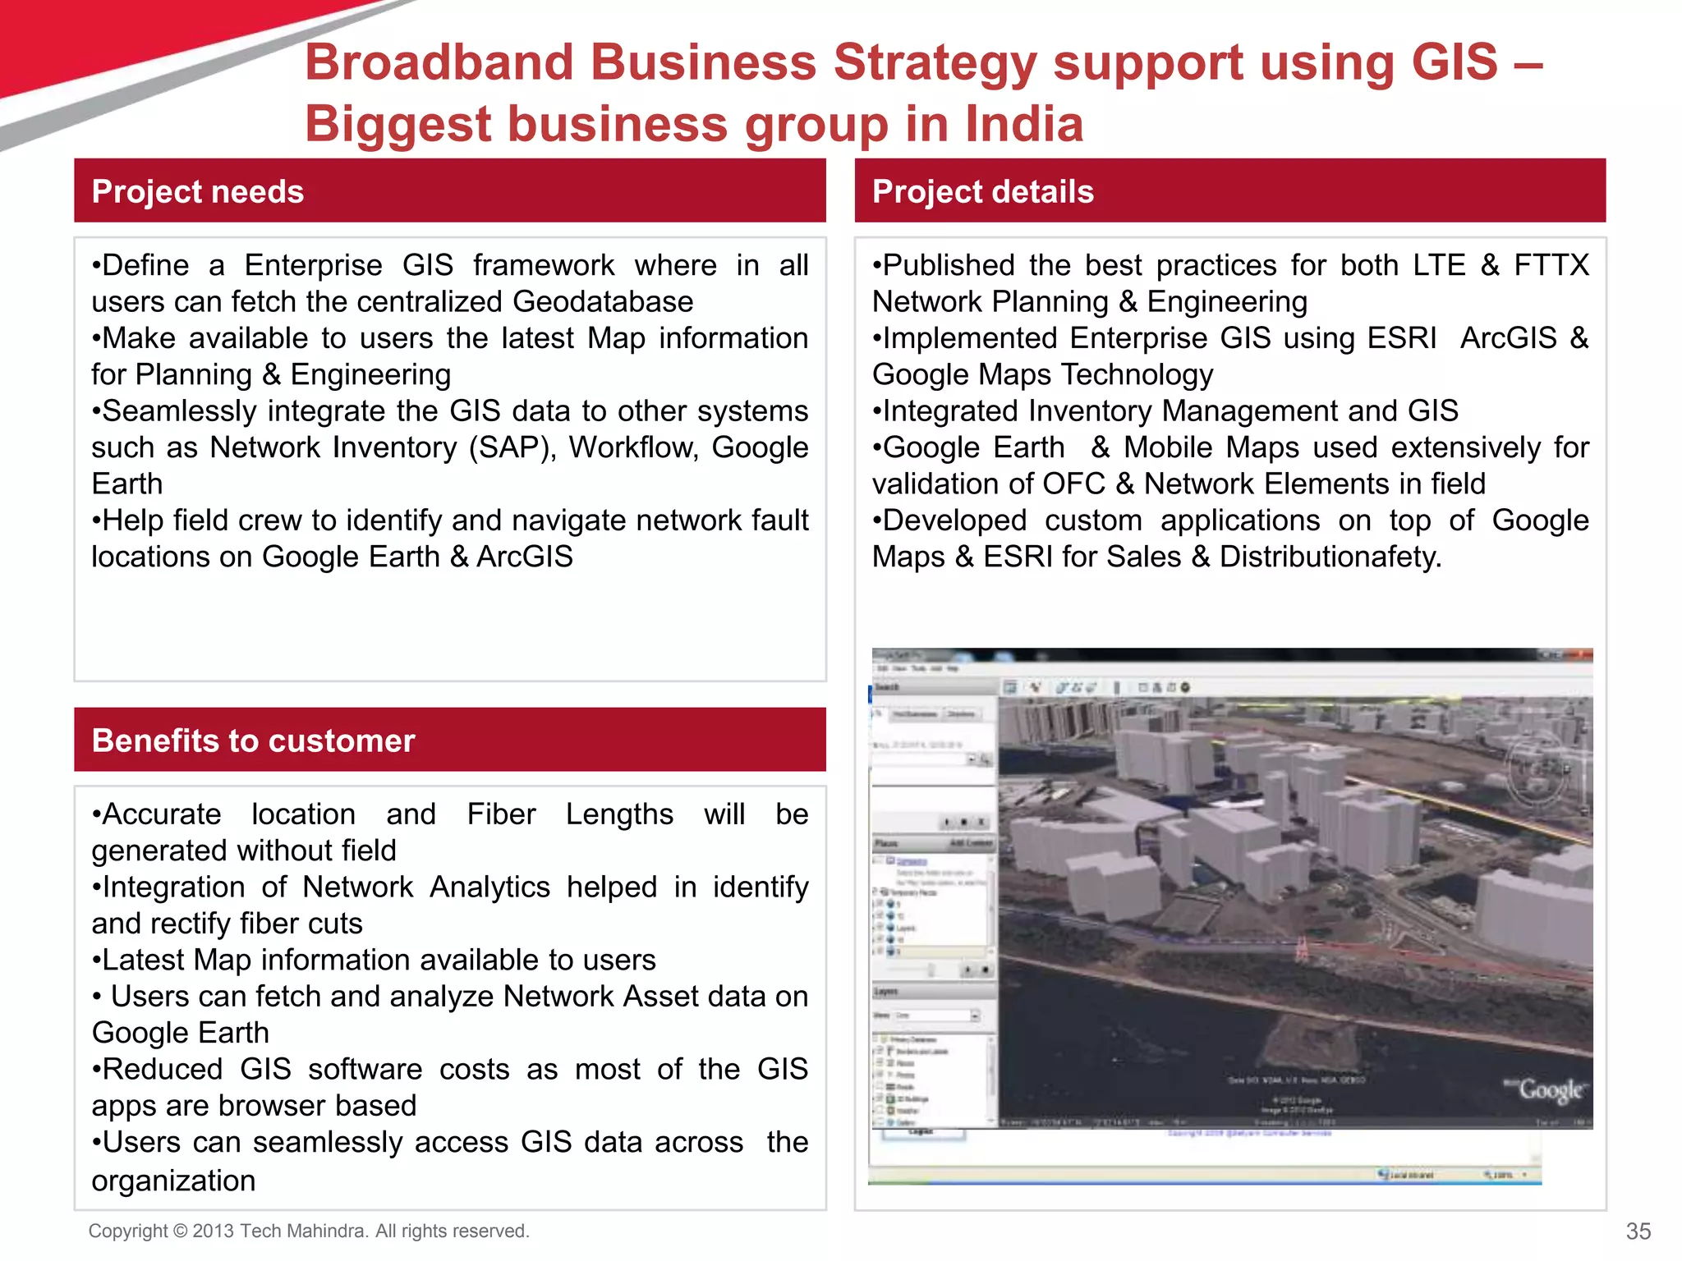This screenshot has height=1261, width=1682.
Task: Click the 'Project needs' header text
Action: tap(197, 191)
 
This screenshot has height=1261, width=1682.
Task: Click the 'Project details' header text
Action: tap(982, 191)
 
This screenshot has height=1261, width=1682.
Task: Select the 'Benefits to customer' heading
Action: tap(253, 741)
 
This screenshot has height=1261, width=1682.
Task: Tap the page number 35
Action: tap(1638, 1231)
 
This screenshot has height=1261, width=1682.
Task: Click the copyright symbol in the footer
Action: tap(180, 1231)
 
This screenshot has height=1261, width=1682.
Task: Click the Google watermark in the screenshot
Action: tap(1549, 1090)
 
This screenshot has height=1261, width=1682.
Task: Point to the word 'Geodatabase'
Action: tap(602, 302)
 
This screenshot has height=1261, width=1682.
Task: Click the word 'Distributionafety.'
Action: tap(1330, 557)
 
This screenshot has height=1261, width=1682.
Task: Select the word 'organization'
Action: tap(173, 1181)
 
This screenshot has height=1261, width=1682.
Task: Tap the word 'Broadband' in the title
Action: tap(439, 63)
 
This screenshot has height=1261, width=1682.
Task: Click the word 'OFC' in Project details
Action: tap(1073, 484)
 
